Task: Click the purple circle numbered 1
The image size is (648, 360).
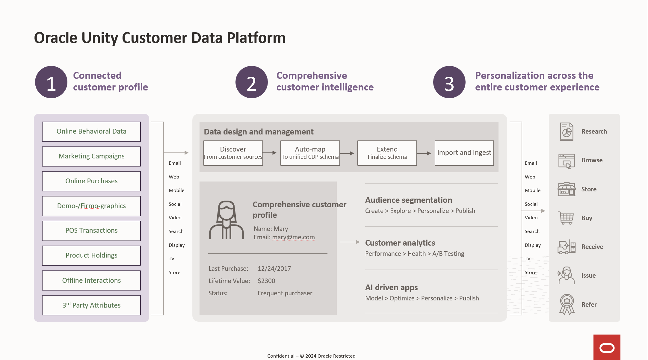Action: (x=51, y=82)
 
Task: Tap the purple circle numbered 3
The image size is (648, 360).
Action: (x=449, y=82)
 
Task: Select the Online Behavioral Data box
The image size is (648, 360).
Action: (x=91, y=131)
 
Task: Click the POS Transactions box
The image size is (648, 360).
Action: (x=91, y=231)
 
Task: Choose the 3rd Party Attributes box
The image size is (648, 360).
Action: (x=91, y=305)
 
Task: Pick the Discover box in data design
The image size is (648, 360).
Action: (x=233, y=153)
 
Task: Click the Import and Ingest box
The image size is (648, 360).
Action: (x=464, y=153)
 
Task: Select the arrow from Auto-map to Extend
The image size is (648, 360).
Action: (x=348, y=153)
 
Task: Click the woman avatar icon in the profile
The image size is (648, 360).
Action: (x=226, y=220)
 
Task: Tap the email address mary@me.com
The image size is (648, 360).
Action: (x=293, y=237)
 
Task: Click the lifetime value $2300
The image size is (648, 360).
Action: (x=266, y=281)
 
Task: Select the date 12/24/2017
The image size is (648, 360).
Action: (x=274, y=269)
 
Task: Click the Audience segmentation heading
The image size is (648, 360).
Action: (x=409, y=200)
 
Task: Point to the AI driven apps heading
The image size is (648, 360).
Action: (x=391, y=288)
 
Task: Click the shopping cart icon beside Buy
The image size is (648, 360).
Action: (x=566, y=218)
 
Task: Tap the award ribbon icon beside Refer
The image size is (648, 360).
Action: (x=567, y=304)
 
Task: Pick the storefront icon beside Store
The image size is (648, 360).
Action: (x=567, y=189)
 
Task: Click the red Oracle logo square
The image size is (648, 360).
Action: (x=607, y=347)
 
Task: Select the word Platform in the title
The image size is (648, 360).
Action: (x=256, y=38)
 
